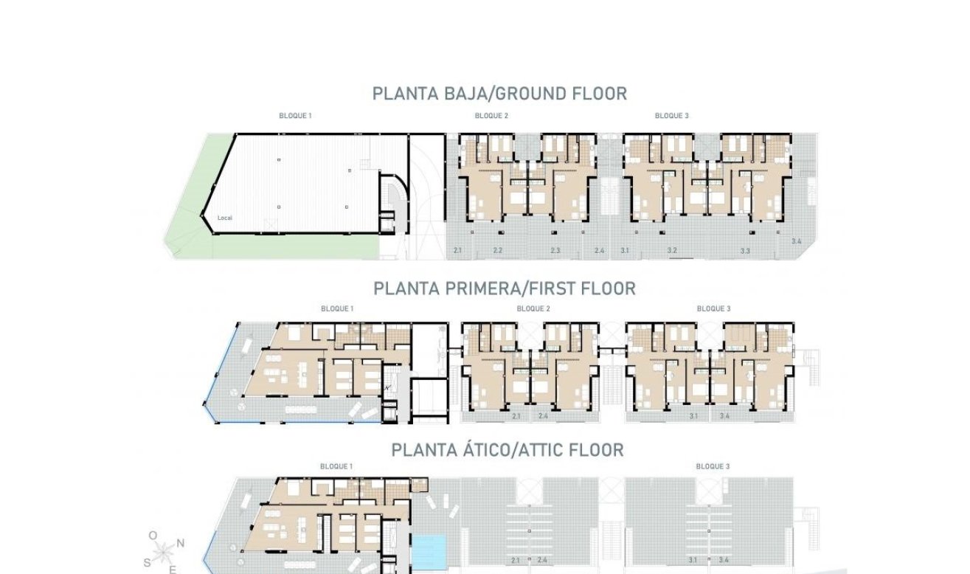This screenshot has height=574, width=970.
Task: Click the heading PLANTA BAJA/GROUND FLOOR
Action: coord(499,94)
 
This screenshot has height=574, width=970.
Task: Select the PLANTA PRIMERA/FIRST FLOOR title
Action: coord(504,288)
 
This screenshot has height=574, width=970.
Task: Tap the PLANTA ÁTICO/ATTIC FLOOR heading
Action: coord(507,450)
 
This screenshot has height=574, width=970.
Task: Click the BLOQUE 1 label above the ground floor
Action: coord(295,116)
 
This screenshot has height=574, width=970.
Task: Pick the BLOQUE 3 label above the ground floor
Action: coord(671,116)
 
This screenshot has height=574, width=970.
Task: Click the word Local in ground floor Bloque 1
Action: coord(225,218)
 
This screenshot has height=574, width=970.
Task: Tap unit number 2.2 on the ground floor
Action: coord(498,252)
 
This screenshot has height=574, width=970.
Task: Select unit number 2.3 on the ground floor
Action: coord(555,252)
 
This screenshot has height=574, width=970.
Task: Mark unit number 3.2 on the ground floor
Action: coord(672,252)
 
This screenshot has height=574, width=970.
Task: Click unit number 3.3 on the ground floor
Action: coord(745,252)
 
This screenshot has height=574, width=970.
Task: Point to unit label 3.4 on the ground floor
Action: coord(796,242)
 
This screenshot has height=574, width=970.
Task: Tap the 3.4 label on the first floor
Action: coord(724,417)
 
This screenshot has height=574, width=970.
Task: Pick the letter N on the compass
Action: coord(181,542)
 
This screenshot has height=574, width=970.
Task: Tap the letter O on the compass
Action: coord(153,536)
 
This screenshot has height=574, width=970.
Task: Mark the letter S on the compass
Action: coord(147,562)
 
